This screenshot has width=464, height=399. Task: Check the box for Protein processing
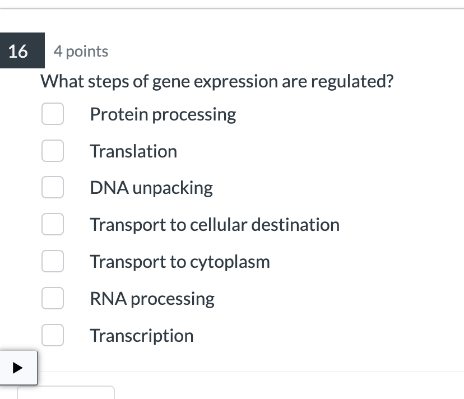click(52, 114)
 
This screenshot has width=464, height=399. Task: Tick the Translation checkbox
click(52, 151)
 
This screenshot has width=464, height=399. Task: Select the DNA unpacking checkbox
click(52, 188)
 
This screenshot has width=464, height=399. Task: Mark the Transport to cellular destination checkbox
click(52, 225)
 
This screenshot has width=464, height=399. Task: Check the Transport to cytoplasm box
click(52, 262)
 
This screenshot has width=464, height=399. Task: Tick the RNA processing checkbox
click(52, 299)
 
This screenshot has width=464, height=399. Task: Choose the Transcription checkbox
click(52, 336)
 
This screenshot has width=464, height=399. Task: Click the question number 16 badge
click(18, 52)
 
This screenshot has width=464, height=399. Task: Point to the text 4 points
click(81, 52)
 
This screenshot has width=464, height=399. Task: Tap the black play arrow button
click(18, 368)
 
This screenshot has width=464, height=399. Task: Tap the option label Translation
click(133, 151)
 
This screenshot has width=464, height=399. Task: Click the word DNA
click(105, 188)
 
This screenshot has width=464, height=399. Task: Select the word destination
click(295, 225)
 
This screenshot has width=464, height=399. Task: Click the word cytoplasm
click(230, 262)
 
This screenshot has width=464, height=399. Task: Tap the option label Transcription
click(142, 336)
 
